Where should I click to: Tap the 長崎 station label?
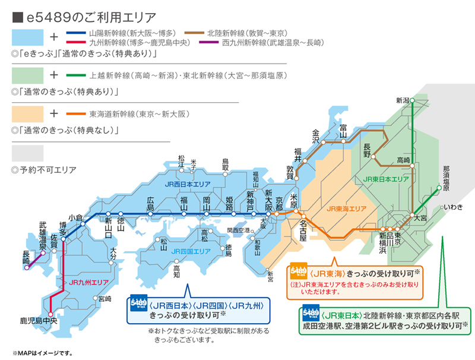pyautogui.click(x=26, y=256)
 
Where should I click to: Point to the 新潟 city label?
pyautogui.click(x=403, y=100)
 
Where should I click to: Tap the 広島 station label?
pyautogui.click(x=150, y=204)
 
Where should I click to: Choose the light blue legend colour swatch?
pyautogui.click(x=27, y=37)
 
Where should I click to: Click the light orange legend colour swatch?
pyautogui.click(x=27, y=113)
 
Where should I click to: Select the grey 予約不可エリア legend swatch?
pyautogui.click(x=27, y=153)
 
